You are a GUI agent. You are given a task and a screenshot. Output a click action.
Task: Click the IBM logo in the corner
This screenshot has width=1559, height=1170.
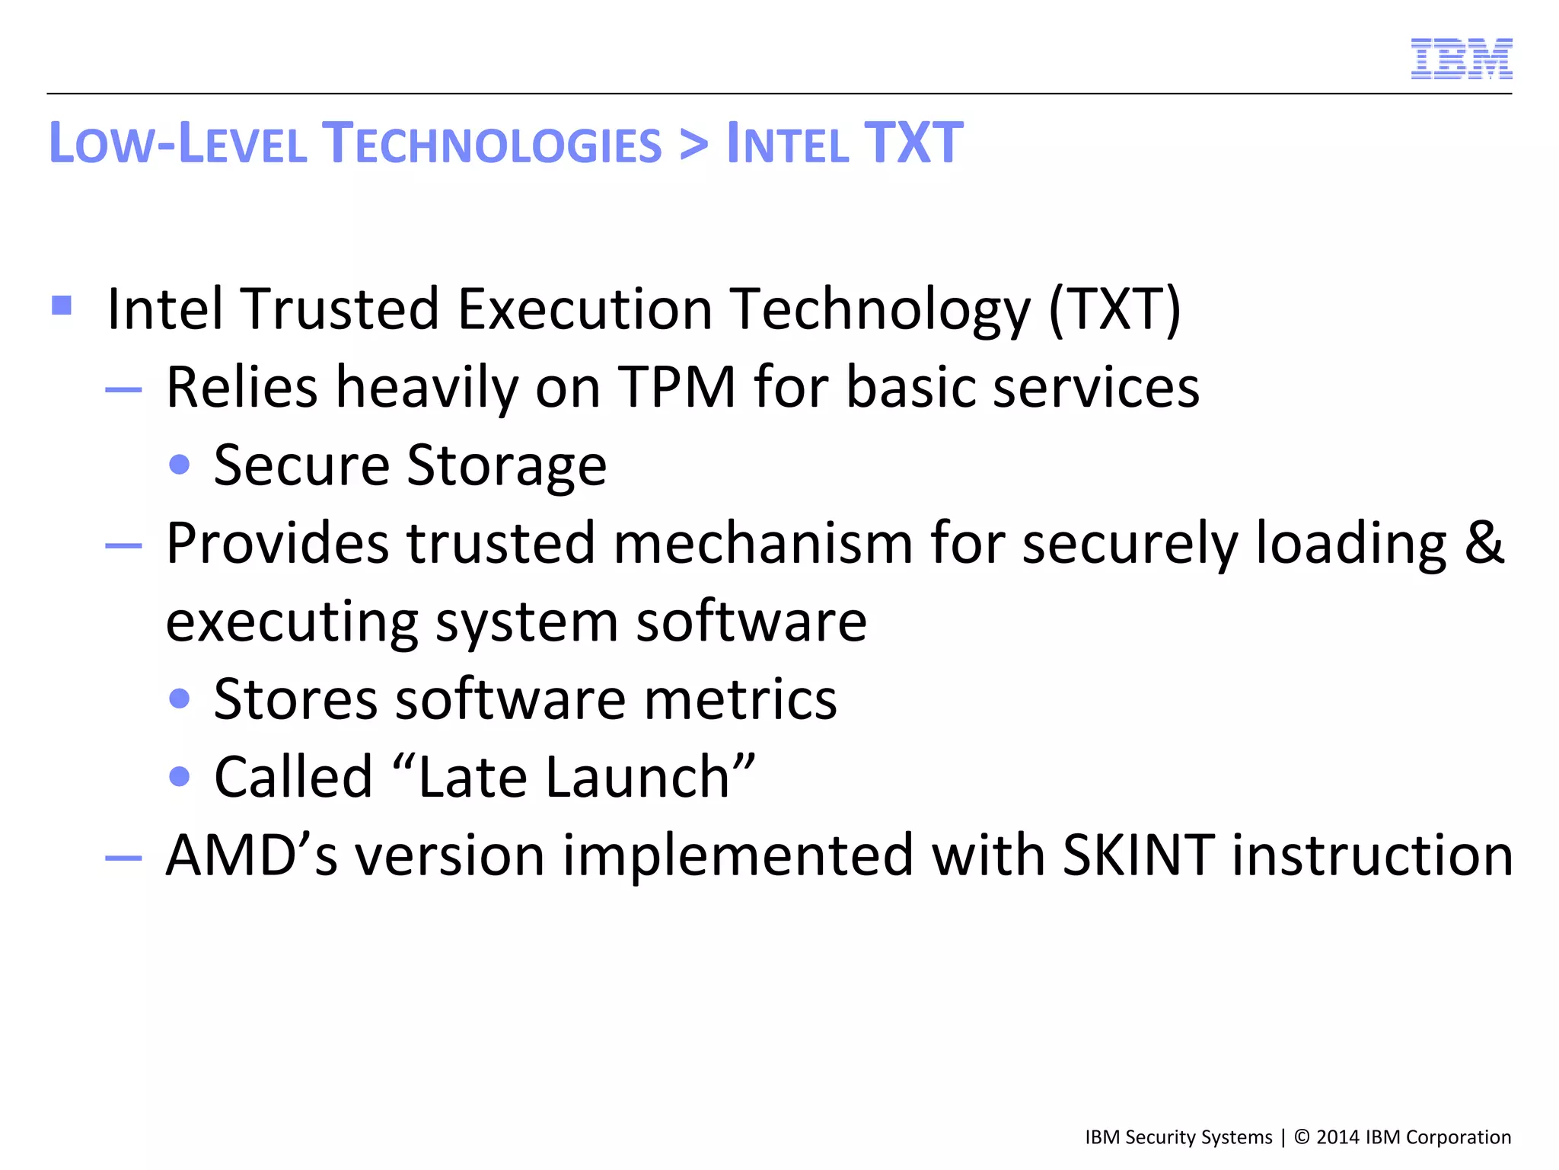1461,59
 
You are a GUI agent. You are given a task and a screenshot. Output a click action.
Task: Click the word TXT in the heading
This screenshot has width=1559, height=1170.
913,143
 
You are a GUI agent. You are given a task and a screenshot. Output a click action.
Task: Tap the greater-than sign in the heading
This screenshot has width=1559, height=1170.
693,145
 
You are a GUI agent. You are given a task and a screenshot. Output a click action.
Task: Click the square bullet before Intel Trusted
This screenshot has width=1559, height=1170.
62,305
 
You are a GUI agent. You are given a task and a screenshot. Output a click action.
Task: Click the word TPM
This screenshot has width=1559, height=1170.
676,387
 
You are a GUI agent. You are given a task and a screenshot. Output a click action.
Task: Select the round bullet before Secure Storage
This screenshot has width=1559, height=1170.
180,465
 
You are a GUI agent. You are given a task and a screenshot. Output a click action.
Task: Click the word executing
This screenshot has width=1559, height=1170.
292,623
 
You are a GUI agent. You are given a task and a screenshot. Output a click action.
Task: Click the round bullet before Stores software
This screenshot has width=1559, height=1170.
180,698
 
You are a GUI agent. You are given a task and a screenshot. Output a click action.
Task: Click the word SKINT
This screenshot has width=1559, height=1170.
1138,855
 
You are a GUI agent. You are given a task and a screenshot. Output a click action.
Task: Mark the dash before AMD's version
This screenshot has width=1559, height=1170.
123,858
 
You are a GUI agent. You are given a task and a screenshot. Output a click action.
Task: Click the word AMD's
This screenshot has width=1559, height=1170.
251,855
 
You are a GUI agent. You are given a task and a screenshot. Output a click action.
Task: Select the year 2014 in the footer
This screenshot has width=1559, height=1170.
1337,1137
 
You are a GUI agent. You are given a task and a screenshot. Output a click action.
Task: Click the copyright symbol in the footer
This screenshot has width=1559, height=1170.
1302,1137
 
